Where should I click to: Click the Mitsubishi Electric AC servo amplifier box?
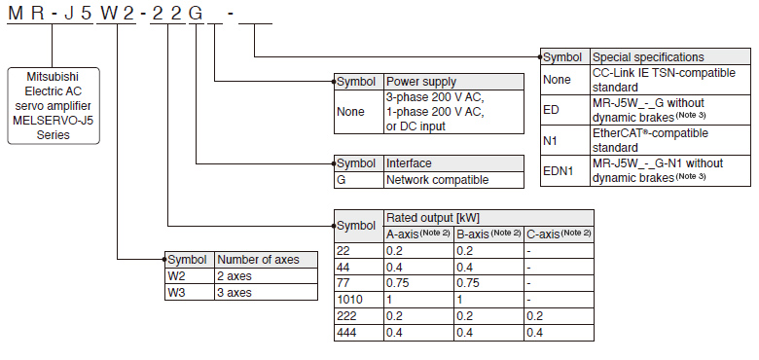click(54, 105)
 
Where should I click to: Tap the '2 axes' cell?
click(266, 275)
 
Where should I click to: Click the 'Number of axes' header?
click(266, 260)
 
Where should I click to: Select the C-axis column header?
click(559, 234)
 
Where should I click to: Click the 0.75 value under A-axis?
click(418, 283)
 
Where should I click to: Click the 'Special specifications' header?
click(670, 57)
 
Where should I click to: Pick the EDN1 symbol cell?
click(565, 170)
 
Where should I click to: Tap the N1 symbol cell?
click(565, 140)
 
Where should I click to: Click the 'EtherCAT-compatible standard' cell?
click(670, 140)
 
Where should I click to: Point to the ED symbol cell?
click(565, 110)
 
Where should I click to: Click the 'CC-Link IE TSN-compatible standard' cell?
click(670, 80)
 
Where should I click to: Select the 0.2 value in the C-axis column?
click(559, 316)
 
